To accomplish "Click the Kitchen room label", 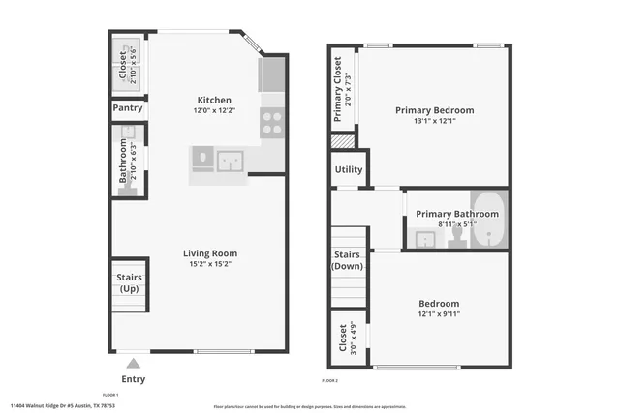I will [214, 100].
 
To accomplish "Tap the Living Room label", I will [210, 253].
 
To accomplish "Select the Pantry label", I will [128, 109].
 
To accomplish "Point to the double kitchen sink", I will [232, 160].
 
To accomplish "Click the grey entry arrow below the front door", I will [135, 364].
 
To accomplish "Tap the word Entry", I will [135, 379].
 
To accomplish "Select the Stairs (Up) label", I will [129, 283].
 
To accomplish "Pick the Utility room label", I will [348, 169].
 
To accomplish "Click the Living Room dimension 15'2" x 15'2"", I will [210, 266].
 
